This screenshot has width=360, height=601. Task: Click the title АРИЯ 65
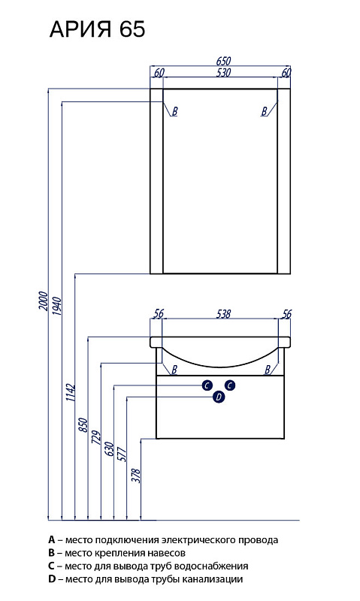(x=98, y=29)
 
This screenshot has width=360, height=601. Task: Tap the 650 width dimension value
(x=223, y=61)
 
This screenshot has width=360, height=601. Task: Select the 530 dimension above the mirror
(x=223, y=72)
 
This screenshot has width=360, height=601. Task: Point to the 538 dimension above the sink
(x=223, y=313)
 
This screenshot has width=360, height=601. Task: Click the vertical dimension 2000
(x=44, y=301)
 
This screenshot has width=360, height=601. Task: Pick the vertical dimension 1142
(x=70, y=392)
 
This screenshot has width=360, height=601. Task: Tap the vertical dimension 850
(x=83, y=425)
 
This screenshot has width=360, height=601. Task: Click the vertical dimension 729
(x=96, y=437)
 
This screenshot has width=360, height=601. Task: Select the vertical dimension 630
(x=109, y=448)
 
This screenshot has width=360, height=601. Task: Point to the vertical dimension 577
(x=122, y=454)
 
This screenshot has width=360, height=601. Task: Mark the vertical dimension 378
(x=137, y=476)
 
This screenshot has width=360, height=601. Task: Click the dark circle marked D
(x=219, y=397)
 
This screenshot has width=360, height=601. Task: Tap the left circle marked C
(x=207, y=385)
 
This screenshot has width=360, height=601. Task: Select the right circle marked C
(x=230, y=385)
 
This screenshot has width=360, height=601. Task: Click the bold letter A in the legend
(x=52, y=540)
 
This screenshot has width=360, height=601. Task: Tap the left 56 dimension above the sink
(x=158, y=313)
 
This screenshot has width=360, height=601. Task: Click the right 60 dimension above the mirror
(x=286, y=72)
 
